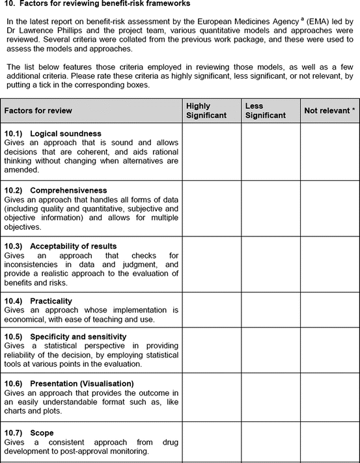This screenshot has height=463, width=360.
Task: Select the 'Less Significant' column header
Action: click(x=266, y=111)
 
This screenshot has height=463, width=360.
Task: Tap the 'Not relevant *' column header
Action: click(x=329, y=111)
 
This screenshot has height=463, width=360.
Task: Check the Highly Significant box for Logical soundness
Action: click(x=212, y=151)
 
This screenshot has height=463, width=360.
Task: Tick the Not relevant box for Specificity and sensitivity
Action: click(x=329, y=352)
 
